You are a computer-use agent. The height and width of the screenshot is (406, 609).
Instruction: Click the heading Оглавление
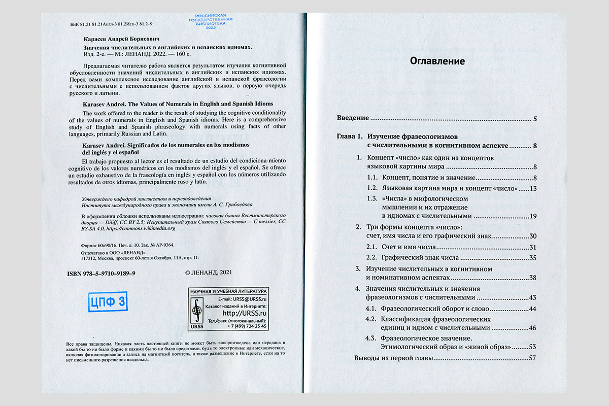click(x=437, y=61)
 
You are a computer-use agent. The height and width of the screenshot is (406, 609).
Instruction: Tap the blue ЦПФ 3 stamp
click(x=108, y=301)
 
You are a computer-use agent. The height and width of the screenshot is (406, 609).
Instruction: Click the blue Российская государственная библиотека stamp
click(x=211, y=21)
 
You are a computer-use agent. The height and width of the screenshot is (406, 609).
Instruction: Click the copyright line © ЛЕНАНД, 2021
click(x=209, y=273)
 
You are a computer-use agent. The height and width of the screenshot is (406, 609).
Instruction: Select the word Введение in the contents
click(x=353, y=118)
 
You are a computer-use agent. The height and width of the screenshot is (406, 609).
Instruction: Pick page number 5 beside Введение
click(x=535, y=119)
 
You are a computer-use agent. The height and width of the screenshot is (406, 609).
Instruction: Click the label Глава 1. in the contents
click(x=350, y=137)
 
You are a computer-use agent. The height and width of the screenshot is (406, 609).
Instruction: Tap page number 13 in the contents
click(x=532, y=189)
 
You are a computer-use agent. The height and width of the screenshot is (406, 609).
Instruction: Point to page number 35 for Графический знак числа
click(x=532, y=258)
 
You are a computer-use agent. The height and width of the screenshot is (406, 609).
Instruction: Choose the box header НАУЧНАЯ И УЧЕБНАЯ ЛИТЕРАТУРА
click(x=227, y=292)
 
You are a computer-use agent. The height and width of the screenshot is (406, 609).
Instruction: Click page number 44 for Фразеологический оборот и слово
click(x=532, y=309)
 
